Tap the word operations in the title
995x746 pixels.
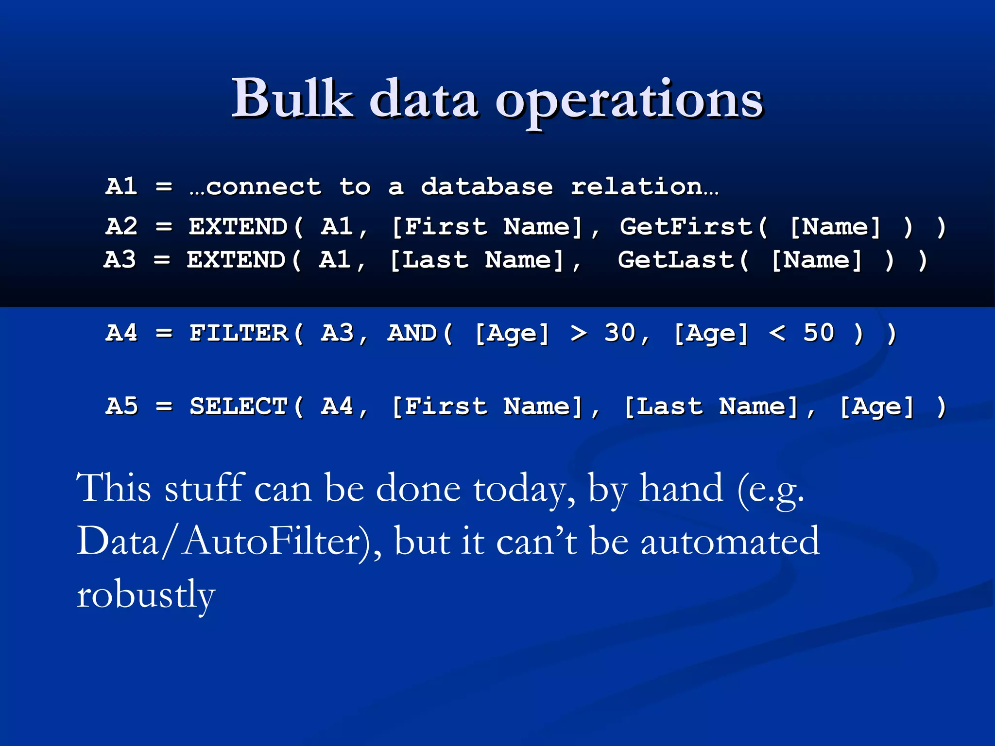point(629,102)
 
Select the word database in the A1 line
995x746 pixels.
point(487,187)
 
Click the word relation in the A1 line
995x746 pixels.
point(636,187)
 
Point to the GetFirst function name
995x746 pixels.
point(686,227)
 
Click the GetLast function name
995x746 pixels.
point(675,260)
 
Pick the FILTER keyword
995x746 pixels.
point(239,333)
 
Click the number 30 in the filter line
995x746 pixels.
point(619,333)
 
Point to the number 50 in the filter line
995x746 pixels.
point(819,333)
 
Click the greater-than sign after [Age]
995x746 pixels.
point(578,333)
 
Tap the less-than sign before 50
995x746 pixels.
point(777,333)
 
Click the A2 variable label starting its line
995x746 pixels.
point(121,227)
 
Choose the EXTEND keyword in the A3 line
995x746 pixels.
point(236,260)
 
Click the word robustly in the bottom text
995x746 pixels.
point(146,594)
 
